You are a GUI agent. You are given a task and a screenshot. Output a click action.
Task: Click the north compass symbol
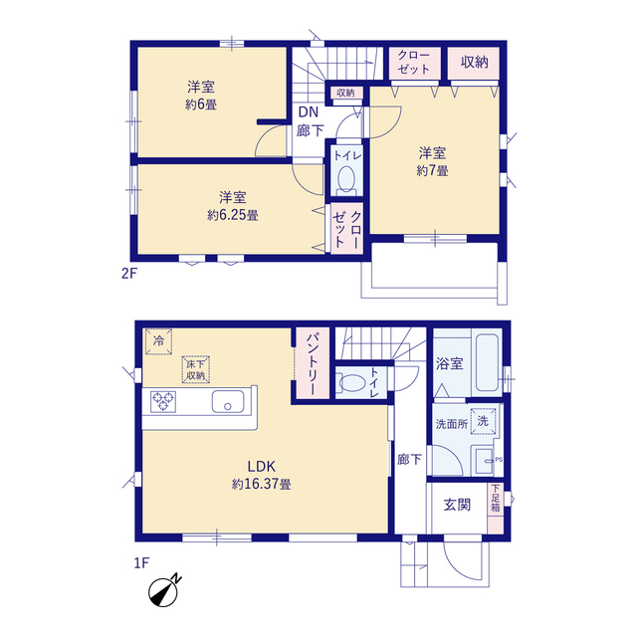pos(163,591)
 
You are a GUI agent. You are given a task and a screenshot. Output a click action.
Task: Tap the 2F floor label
pos(129,274)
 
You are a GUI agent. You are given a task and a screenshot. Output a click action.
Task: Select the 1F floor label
pos(141,563)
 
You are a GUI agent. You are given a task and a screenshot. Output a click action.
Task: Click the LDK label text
pos(262,466)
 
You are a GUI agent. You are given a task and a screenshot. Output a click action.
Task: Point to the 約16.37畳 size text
pos(261,485)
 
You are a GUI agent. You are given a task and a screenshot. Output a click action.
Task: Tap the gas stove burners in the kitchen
pos(163,401)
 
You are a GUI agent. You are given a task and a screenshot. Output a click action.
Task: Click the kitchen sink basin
pos(228,402)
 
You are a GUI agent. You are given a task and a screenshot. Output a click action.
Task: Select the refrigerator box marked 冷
pos(158,341)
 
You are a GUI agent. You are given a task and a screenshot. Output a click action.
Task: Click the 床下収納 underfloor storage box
pos(195,369)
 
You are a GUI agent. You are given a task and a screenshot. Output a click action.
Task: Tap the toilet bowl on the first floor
pos(351,383)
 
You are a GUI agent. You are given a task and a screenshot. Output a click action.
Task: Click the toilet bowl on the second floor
pos(346,178)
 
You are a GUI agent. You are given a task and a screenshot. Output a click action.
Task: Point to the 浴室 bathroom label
pos(449,363)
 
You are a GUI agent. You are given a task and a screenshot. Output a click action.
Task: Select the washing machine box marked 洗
pos(483,421)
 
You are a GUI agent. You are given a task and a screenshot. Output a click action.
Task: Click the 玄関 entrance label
pos(457,505)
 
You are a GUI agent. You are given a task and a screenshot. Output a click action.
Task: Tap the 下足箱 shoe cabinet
pos(496,508)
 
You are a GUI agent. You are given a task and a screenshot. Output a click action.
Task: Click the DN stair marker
pos(309,112)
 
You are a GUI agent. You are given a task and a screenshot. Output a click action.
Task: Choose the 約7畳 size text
pos(432,170)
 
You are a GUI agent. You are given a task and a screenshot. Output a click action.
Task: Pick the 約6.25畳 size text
pos(233,215)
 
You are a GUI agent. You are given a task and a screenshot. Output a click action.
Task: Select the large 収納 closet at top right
pos(474,63)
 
